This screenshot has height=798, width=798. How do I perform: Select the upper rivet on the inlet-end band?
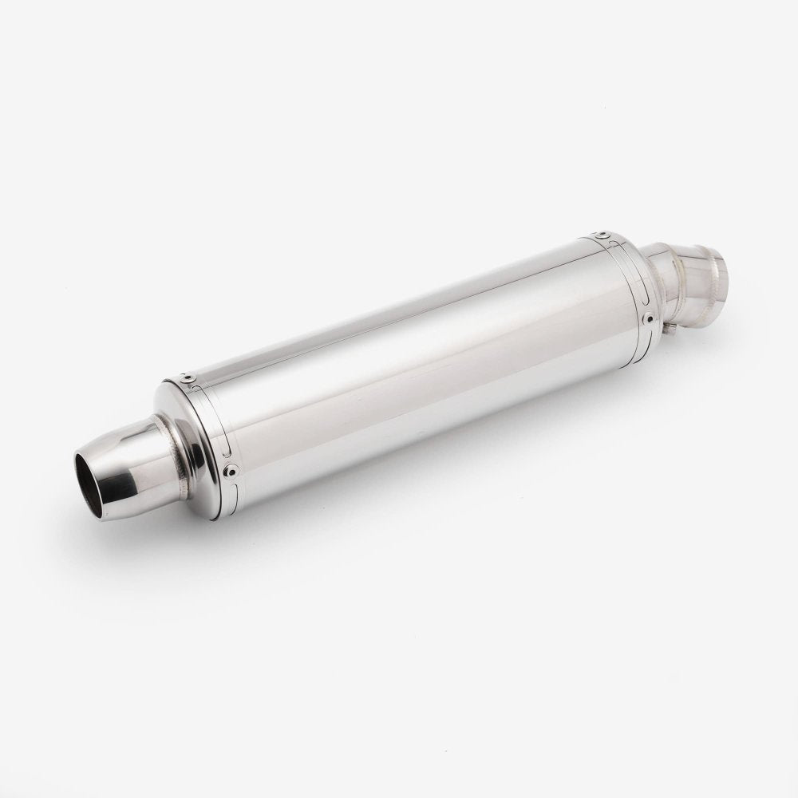tap(603, 234)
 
